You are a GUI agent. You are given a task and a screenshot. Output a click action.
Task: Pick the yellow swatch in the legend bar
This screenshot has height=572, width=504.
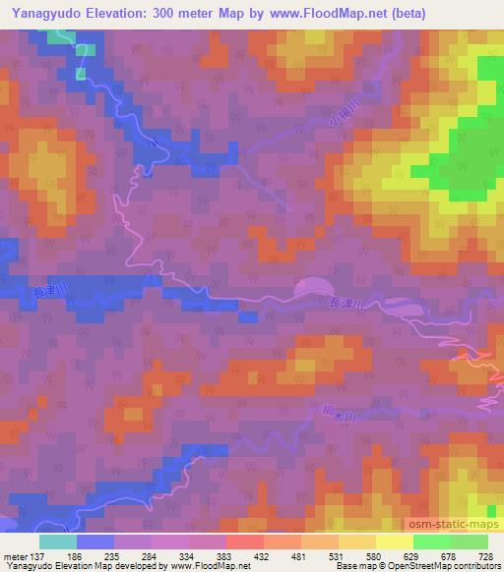[394, 542]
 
